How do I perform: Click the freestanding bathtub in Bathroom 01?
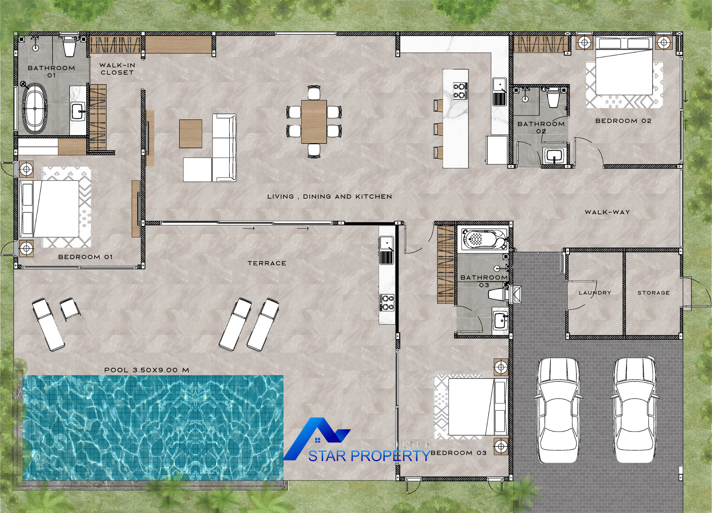[x=35, y=108]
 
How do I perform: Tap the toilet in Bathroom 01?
[x=70, y=46]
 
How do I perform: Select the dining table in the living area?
[x=314, y=122]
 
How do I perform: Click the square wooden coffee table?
[x=191, y=134]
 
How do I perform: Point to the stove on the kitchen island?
[x=460, y=91]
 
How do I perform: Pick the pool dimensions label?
[x=147, y=370]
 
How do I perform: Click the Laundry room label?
[x=595, y=293]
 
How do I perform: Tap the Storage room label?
[x=654, y=293]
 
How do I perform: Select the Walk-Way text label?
[x=607, y=212]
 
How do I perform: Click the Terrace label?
[x=267, y=263]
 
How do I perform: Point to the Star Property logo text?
[x=370, y=456]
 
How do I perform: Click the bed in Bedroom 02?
[x=624, y=66]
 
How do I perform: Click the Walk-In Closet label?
[x=117, y=69]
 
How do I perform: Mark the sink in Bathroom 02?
[x=554, y=155]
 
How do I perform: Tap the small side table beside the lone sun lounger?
[x=70, y=309]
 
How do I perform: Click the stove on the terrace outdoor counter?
[x=387, y=302]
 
